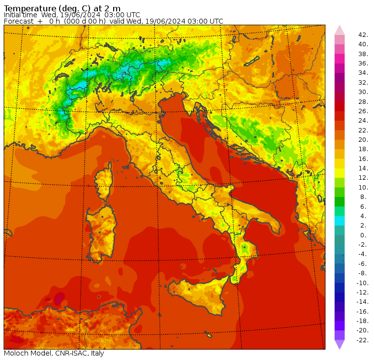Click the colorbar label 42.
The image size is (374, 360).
363,35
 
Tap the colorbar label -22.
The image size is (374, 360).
362,340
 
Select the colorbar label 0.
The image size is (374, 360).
363,235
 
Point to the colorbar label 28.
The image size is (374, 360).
363,101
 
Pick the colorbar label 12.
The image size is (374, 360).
363,178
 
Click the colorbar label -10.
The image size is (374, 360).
362,283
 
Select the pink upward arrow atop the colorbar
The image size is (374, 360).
340,30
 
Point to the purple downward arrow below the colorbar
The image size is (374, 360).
340,345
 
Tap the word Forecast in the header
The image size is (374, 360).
19,21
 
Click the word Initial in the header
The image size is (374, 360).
13,15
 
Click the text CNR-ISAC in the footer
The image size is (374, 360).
72,353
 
